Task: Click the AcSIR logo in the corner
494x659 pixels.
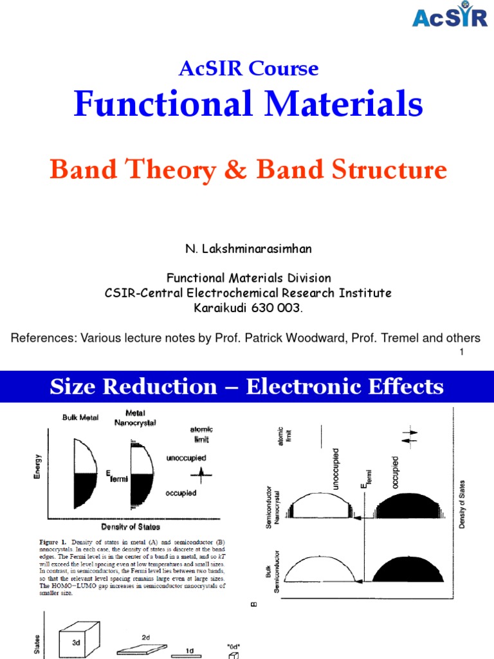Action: [450, 17]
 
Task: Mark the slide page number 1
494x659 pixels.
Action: [462, 351]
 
